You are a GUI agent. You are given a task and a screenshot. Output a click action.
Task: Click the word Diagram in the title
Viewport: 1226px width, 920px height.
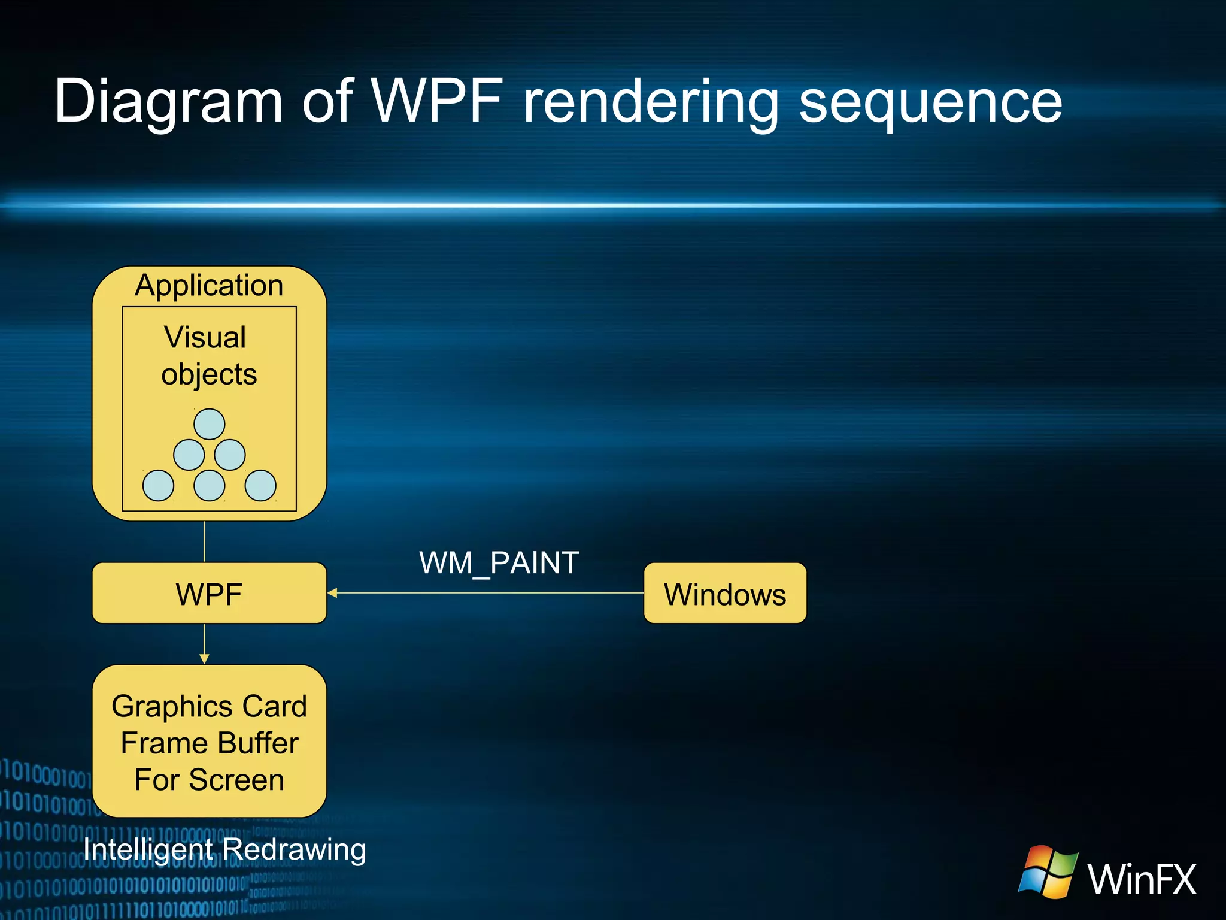168,102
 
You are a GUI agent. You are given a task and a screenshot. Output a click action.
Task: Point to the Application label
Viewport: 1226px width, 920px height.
209,285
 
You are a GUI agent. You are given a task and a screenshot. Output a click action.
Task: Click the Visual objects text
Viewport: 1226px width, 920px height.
208,356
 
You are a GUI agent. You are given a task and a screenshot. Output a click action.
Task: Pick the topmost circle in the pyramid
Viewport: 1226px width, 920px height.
210,424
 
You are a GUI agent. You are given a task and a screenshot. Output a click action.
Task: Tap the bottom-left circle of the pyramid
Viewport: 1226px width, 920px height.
158,485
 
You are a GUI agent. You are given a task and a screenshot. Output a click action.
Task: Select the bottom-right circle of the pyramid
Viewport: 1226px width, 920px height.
260,485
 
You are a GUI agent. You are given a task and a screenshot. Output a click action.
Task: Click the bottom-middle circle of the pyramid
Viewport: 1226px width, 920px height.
210,485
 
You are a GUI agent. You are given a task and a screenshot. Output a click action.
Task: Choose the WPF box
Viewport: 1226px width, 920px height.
209,594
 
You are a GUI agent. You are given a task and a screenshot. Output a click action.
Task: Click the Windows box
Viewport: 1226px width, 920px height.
725,594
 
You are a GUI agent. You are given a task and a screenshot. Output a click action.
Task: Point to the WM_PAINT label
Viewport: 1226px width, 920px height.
499,563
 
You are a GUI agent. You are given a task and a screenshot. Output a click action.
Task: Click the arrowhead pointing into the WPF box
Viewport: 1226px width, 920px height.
333,593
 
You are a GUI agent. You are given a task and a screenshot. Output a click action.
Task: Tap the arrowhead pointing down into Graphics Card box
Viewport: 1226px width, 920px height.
204,658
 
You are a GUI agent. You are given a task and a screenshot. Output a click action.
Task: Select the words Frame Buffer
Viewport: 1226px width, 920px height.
210,743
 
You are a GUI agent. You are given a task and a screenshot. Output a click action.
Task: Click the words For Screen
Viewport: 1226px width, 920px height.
210,780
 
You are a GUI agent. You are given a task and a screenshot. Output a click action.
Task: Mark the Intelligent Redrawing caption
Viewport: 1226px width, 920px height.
224,849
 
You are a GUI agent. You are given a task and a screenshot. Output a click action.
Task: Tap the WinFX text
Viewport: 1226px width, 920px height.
1142,879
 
